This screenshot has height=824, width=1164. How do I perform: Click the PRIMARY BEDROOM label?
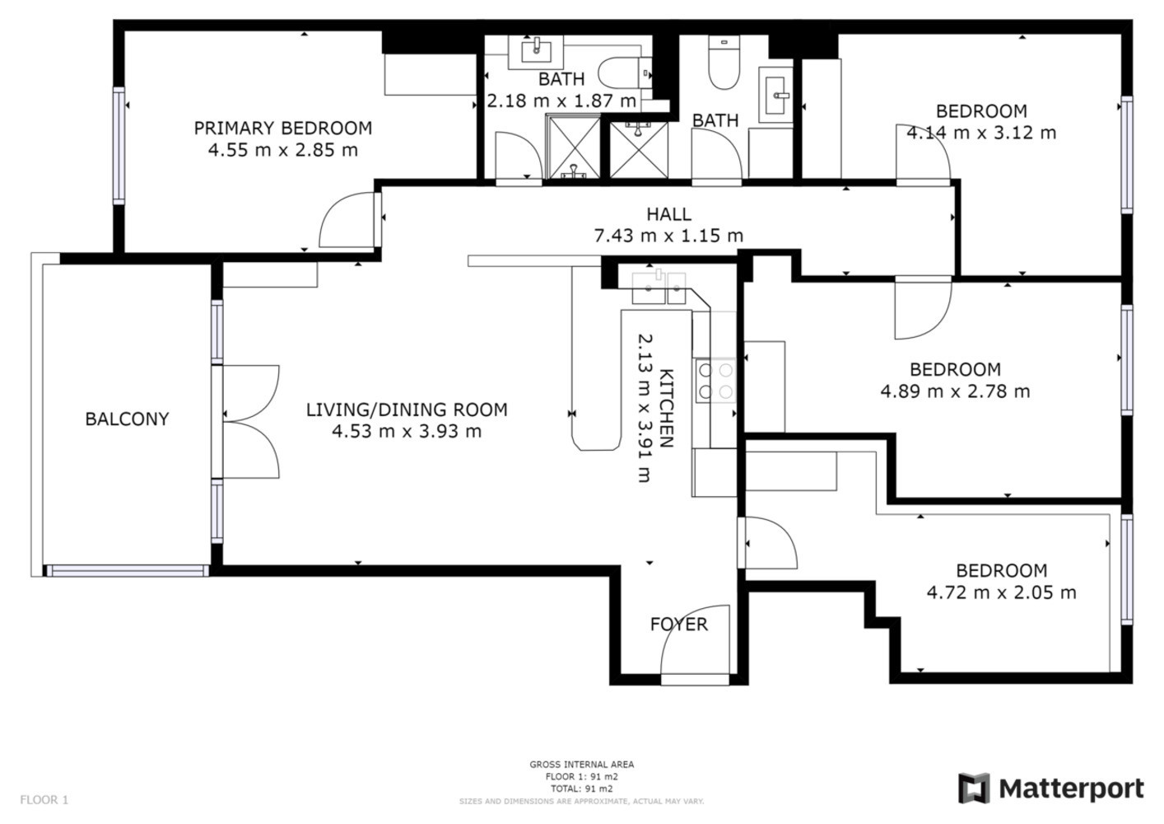click(x=282, y=128)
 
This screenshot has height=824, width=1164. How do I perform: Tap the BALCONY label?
click(x=128, y=419)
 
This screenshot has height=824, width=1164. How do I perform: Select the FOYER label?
click(x=678, y=624)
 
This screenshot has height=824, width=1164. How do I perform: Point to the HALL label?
click(x=668, y=213)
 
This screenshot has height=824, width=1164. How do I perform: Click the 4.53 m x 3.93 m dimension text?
click(x=407, y=431)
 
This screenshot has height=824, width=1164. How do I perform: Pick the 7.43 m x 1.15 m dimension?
click(x=668, y=236)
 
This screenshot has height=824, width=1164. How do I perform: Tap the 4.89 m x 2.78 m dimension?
click(x=955, y=391)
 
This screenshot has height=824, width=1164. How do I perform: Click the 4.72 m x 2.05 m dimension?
click(x=1001, y=592)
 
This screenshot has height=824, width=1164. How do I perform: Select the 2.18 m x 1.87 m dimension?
click(x=561, y=101)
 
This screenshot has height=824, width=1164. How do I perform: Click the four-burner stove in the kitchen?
click(x=715, y=381)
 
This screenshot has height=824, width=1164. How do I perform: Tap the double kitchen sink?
click(x=659, y=287)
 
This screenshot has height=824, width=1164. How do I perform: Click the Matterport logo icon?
click(x=975, y=789)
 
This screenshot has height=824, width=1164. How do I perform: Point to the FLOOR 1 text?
click(x=44, y=800)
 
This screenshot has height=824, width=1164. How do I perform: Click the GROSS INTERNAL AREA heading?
click(x=581, y=764)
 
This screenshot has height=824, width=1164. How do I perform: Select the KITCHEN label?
click(x=666, y=409)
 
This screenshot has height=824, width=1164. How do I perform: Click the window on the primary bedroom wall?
click(x=119, y=146)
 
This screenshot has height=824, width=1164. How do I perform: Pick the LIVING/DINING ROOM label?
click(x=407, y=410)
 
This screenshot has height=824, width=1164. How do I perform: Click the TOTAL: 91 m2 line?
click(x=581, y=789)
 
